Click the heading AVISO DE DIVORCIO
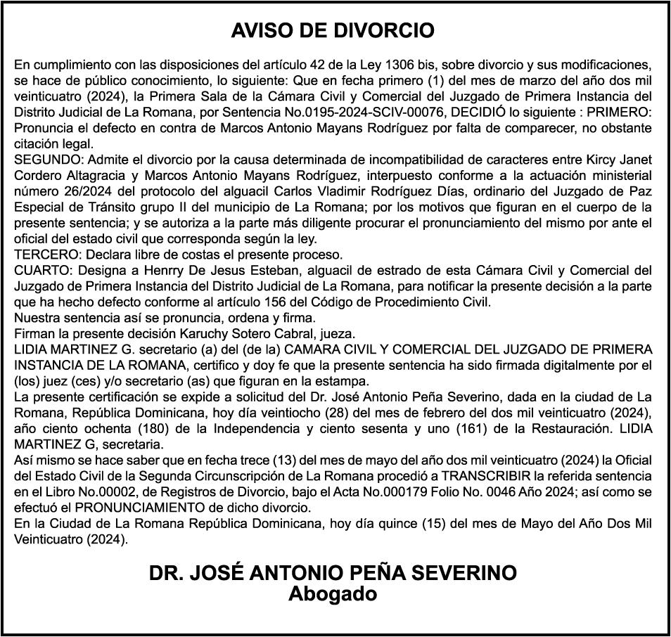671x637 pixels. tap(333, 31)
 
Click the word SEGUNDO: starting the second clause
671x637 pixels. tap(44, 159)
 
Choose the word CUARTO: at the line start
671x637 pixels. tap(39, 270)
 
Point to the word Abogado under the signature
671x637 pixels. tap(333, 594)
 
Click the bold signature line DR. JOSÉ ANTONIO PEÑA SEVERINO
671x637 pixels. tap(333, 573)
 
